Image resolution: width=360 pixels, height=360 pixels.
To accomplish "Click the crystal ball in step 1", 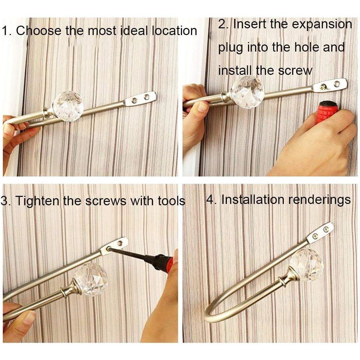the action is (x=68, y=106).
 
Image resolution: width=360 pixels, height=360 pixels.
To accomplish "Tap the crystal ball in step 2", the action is (x=247, y=92).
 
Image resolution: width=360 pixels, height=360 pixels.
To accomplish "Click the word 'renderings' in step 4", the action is (x=319, y=200).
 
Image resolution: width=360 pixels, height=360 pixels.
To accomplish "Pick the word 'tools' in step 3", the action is (x=171, y=201).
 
